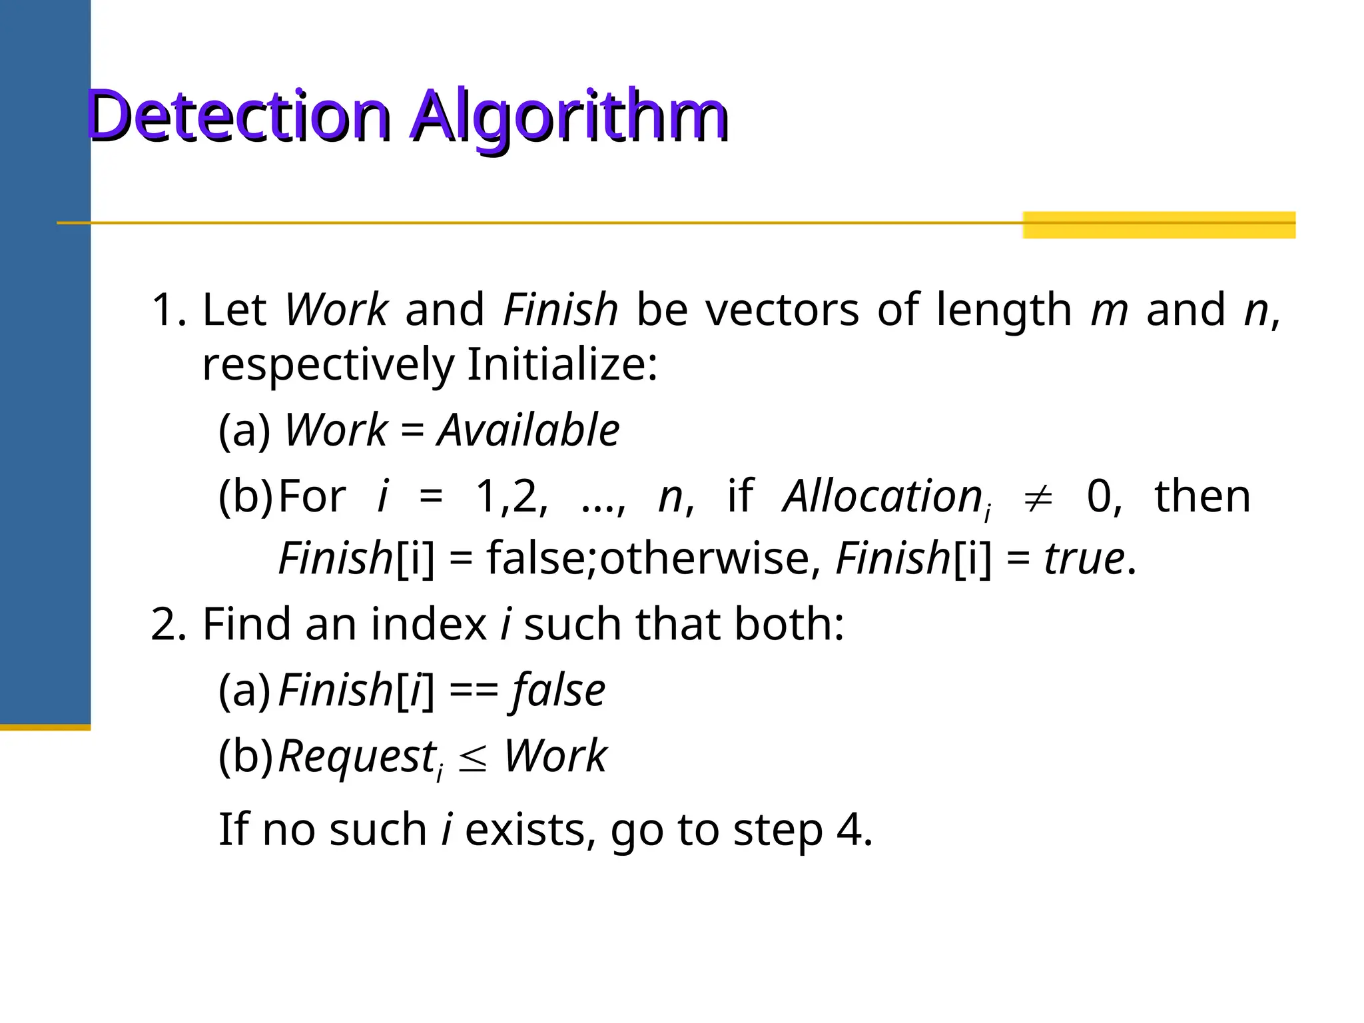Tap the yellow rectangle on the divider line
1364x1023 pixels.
coord(1158,224)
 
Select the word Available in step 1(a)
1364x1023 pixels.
coord(528,430)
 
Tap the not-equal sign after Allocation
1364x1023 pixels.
coord(1038,498)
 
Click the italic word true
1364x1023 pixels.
coord(1084,558)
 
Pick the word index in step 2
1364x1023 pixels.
coord(429,624)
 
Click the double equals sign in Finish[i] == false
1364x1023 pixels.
coord(474,691)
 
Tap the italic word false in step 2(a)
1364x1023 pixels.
coord(558,691)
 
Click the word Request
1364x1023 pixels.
coord(357,757)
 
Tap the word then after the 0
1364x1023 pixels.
coord(1202,496)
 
